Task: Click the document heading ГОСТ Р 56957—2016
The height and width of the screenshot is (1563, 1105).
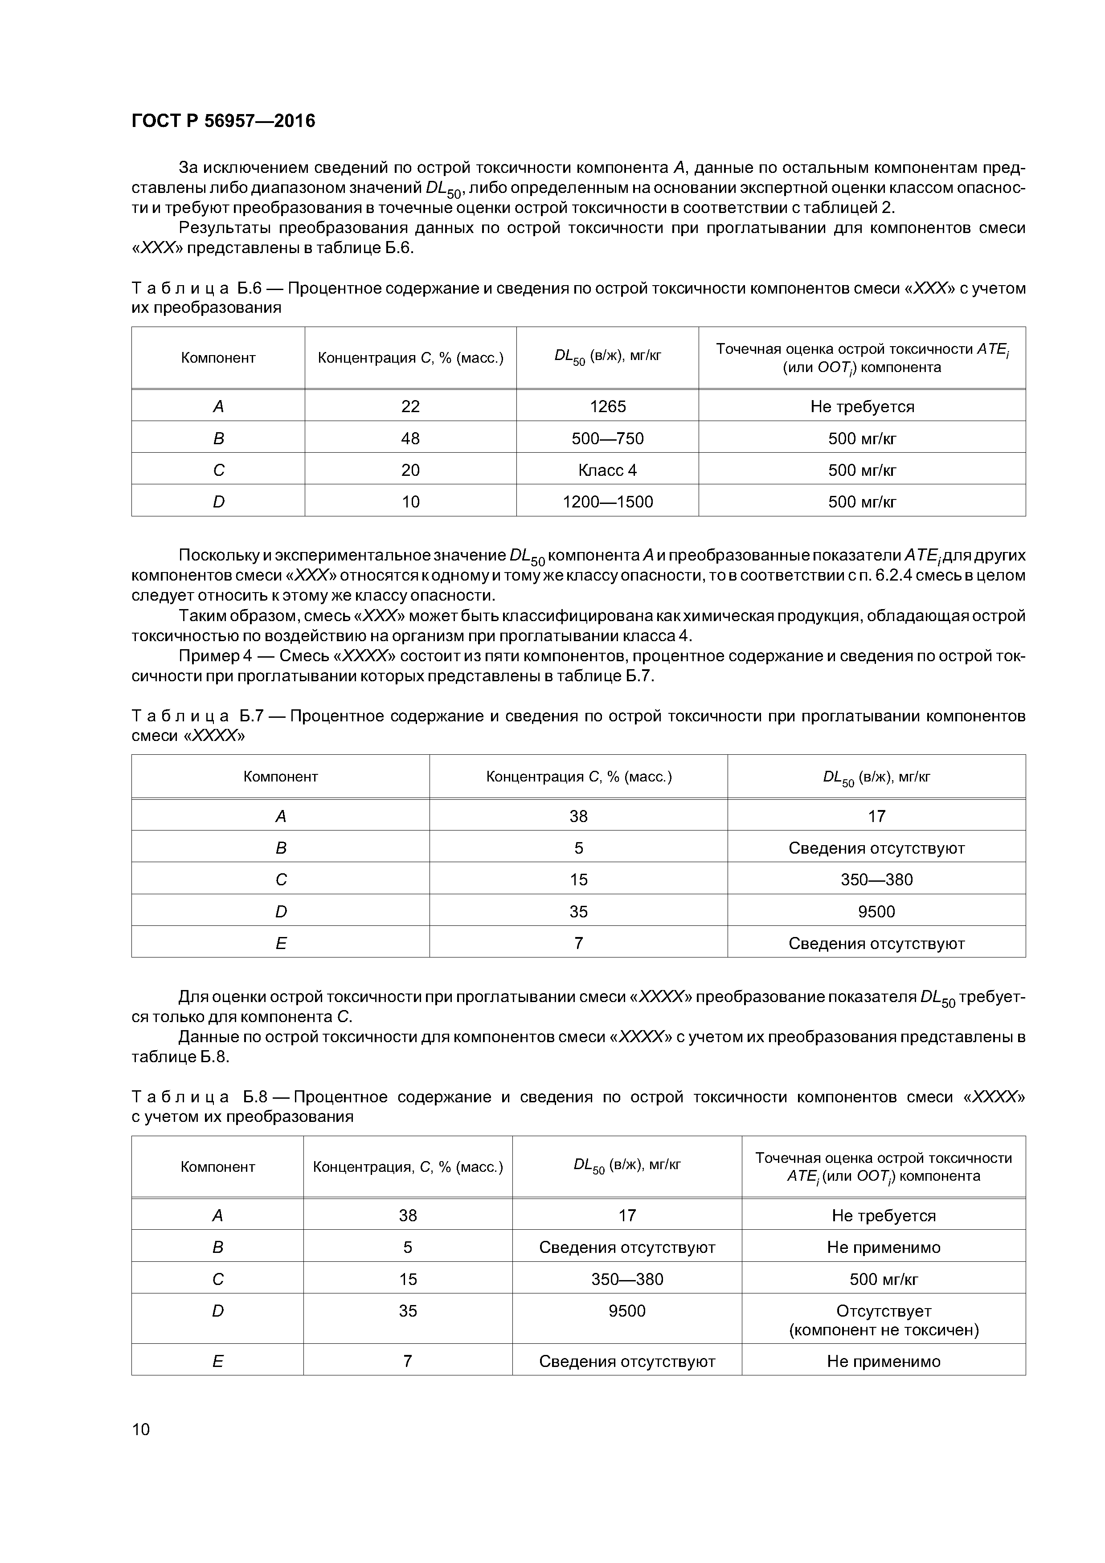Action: (x=223, y=121)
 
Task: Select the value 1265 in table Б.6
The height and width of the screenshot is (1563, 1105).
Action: (x=607, y=406)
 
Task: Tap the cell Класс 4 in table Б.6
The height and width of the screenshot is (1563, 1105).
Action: (x=607, y=470)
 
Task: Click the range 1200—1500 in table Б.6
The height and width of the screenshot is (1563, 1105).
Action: (x=607, y=502)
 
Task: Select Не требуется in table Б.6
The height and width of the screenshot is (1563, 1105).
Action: (x=861, y=406)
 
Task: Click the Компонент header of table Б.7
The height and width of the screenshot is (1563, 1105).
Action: (x=281, y=776)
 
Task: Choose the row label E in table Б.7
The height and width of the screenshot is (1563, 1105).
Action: (x=281, y=943)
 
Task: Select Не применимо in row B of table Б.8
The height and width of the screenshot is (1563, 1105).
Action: (x=883, y=1247)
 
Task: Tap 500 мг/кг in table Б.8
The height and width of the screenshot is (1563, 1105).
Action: (x=883, y=1279)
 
